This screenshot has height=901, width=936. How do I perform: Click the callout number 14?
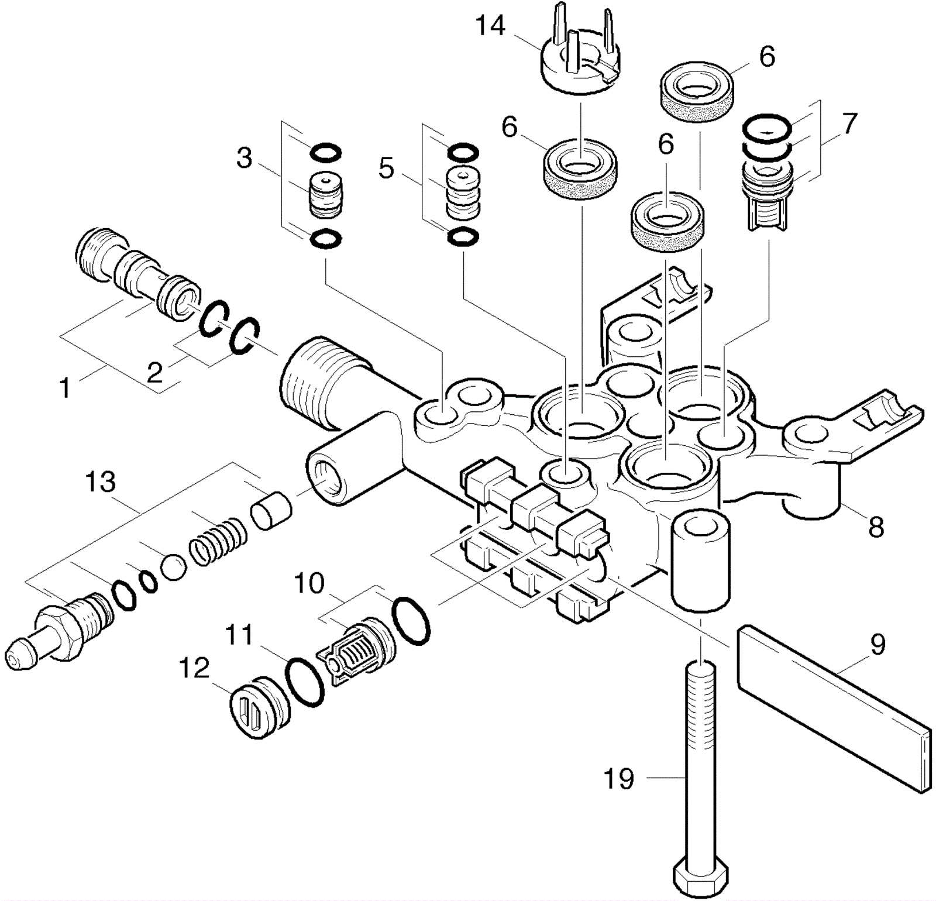click(x=490, y=26)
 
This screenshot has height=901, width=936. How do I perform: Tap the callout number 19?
click(x=618, y=779)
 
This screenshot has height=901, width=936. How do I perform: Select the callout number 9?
click(x=877, y=644)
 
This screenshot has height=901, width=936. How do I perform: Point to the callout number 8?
click(x=876, y=527)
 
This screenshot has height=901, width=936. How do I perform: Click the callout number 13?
click(x=101, y=482)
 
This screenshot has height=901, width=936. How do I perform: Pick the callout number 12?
click(x=194, y=668)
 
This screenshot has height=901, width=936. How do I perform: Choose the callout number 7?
click(x=849, y=123)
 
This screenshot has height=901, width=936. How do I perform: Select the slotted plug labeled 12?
click(x=259, y=709)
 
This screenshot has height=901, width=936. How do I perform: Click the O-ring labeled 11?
click(x=304, y=682)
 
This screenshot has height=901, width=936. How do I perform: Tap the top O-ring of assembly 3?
click(x=325, y=153)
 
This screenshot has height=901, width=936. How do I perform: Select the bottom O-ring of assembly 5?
click(x=463, y=236)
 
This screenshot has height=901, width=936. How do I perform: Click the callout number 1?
click(x=66, y=387)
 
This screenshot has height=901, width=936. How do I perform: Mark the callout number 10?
click(x=309, y=583)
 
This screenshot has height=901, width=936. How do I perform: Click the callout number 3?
click(x=244, y=158)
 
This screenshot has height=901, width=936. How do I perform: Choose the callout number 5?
click(x=386, y=168)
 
